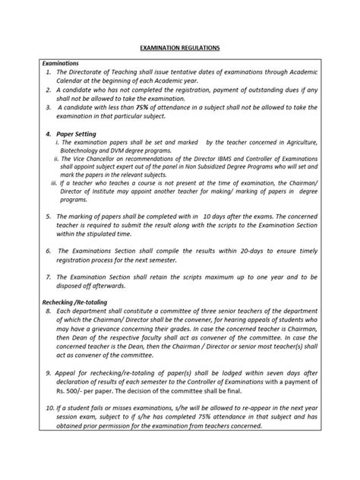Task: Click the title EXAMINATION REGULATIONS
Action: coord(180,47)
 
